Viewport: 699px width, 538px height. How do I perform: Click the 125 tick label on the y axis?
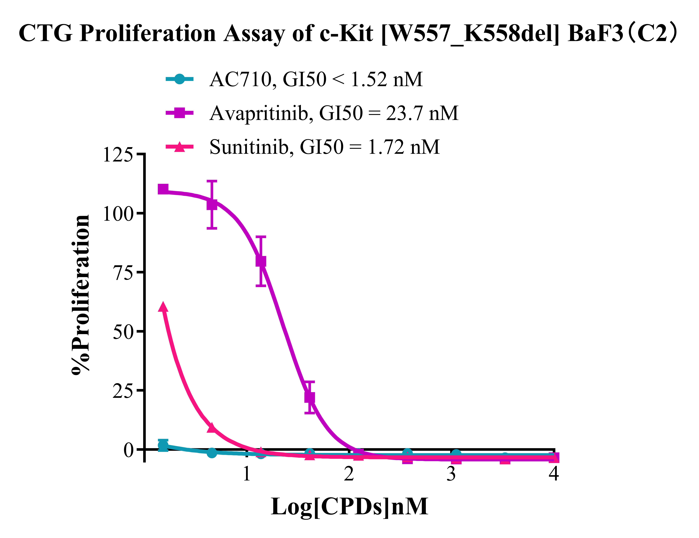click(117, 155)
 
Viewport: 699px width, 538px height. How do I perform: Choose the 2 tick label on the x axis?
click(349, 474)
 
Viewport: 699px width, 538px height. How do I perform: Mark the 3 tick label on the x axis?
click(451, 474)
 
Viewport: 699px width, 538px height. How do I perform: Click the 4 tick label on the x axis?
click(554, 474)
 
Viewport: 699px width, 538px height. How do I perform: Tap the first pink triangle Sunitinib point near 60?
click(163, 307)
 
